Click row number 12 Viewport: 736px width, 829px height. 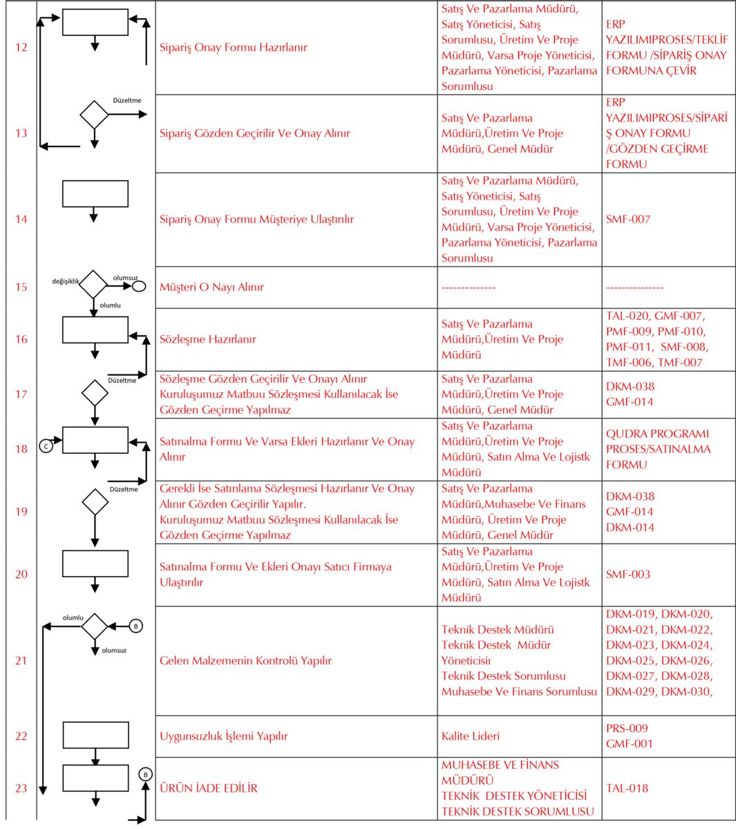(x=21, y=48)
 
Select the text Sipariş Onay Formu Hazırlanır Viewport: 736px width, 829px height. (x=233, y=48)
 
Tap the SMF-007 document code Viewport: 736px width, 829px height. (x=628, y=219)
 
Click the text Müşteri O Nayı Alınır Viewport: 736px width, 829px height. (x=211, y=287)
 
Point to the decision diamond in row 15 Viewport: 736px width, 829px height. (x=94, y=285)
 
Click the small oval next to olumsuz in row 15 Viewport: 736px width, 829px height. (x=139, y=286)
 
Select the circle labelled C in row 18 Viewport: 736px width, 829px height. (x=46, y=446)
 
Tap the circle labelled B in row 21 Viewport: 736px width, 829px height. (x=136, y=626)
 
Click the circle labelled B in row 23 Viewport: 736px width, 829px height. (x=145, y=774)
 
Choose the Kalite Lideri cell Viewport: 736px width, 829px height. (x=470, y=736)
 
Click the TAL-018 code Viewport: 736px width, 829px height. (x=627, y=788)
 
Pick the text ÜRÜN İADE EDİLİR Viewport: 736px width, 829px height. (x=208, y=788)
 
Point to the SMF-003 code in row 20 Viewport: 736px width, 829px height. (x=628, y=574)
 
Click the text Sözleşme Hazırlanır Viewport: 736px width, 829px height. (x=207, y=339)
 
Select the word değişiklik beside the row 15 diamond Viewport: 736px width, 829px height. (x=66, y=281)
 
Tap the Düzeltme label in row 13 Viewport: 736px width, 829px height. (x=127, y=101)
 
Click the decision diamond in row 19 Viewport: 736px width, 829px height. (x=95, y=502)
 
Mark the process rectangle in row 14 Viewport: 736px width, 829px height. (x=95, y=193)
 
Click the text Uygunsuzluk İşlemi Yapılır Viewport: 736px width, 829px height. (x=223, y=736)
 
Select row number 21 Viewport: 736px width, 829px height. (x=21, y=660)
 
